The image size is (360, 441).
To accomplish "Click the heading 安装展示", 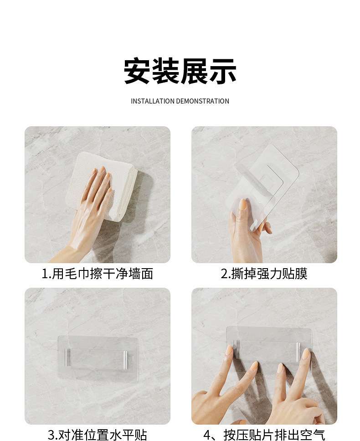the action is [x=180, y=71].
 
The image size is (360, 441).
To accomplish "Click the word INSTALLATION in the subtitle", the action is [x=153, y=101].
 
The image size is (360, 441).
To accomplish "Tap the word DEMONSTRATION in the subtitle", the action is [x=202, y=101].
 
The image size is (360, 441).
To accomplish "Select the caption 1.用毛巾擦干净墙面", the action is [x=97, y=274].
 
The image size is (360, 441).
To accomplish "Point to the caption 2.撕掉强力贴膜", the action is [x=264, y=274].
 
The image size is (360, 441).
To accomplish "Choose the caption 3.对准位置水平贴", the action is [x=97, y=435].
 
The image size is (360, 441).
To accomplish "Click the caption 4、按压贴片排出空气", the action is [x=264, y=435].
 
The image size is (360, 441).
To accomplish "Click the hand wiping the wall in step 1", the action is [x=90, y=208].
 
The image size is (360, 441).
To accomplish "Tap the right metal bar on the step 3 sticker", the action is [x=125, y=359].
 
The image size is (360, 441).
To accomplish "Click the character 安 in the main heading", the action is [x=138, y=71].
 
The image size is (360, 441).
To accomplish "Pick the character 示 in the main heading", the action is [x=222, y=71].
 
